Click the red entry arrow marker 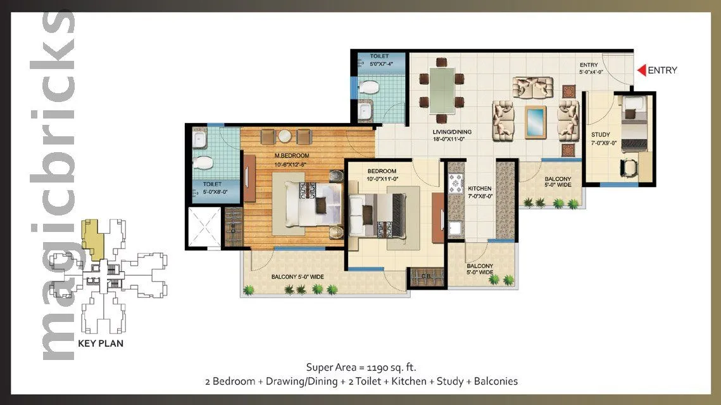click(641, 70)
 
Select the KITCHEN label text click(480, 188)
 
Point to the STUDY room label click(600, 135)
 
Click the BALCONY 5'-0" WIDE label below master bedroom click(298, 276)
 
